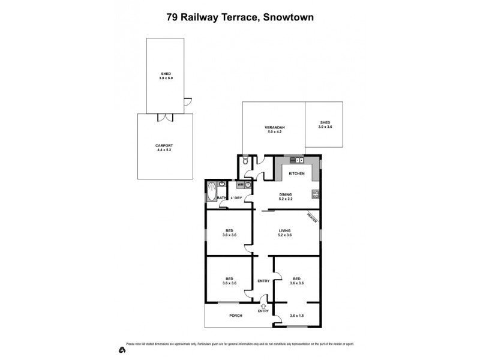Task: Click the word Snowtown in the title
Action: [x=286, y=17]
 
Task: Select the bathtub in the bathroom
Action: [x=210, y=194]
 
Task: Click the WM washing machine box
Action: [x=240, y=185]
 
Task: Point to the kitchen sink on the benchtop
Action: [x=296, y=160]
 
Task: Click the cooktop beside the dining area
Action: [x=315, y=194]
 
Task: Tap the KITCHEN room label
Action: [x=297, y=174]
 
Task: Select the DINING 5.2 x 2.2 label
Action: [x=286, y=197]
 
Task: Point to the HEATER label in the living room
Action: [x=311, y=217]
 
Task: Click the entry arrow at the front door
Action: [x=263, y=305]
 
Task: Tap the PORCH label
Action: [x=235, y=316]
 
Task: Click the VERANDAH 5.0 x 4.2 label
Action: [x=274, y=129]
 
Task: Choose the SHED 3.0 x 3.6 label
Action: [x=324, y=125]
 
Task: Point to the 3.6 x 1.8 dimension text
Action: [x=297, y=316]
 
